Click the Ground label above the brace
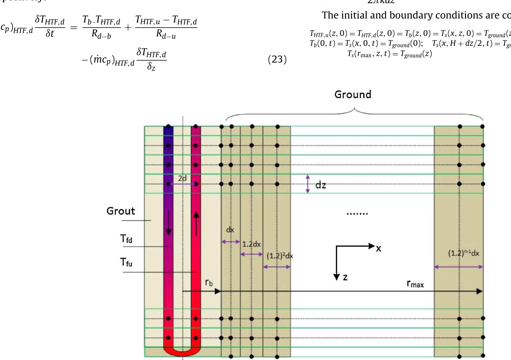tap(353, 94)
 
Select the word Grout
tap(121, 211)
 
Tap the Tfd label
tap(126, 239)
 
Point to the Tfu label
tap(126, 262)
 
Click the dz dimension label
tap(321, 185)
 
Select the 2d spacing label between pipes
tap(182, 178)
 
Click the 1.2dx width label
tap(251, 244)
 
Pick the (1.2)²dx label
tap(280, 256)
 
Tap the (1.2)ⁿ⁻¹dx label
tap(463, 253)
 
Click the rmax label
tap(415, 284)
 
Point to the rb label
tap(209, 282)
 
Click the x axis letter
tap(378, 249)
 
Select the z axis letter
tap(345, 277)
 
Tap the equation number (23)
tap(277, 59)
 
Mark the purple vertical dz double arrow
tap(308, 184)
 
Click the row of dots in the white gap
tap(357, 213)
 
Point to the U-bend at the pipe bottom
tap(182, 352)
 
